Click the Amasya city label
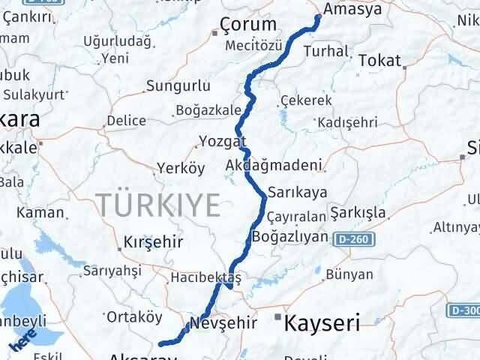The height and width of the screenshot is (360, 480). (352, 10)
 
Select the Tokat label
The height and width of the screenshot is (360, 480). (380, 61)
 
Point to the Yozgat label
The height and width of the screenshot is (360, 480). (223, 142)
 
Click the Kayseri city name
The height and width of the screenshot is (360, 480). (322, 324)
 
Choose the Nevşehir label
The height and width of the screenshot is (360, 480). (224, 323)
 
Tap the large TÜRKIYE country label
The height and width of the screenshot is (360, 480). (157, 205)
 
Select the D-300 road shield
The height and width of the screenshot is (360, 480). (464, 310)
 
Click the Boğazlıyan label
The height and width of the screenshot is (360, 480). (291, 236)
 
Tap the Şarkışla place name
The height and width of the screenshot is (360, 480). (363, 212)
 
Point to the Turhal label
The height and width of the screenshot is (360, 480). (327, 52)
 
